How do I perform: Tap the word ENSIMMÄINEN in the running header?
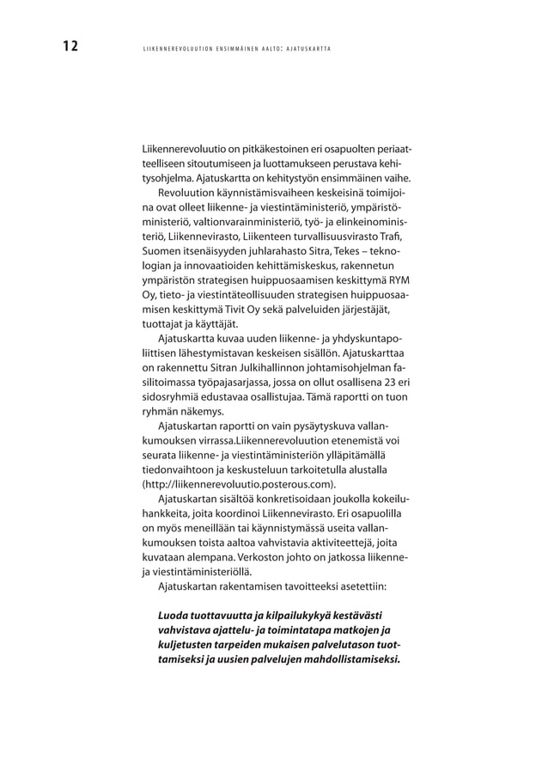(221, 47)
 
